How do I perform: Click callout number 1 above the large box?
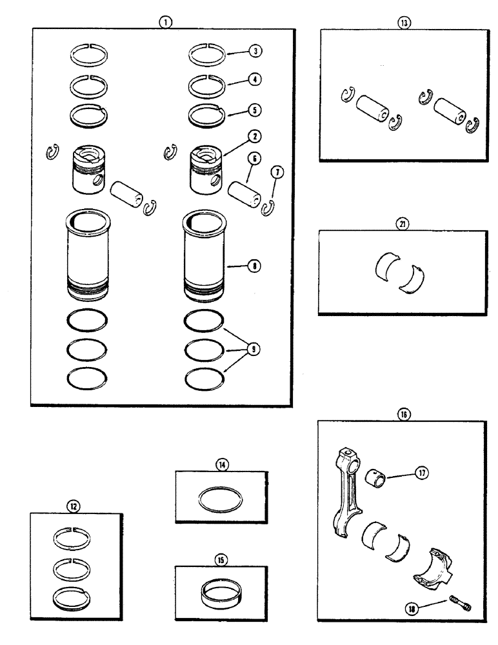166,21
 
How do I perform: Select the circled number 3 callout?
256,50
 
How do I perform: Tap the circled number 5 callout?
256,110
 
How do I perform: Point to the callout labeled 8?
256,264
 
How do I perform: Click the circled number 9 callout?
256,349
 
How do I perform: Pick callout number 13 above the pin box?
404,22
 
